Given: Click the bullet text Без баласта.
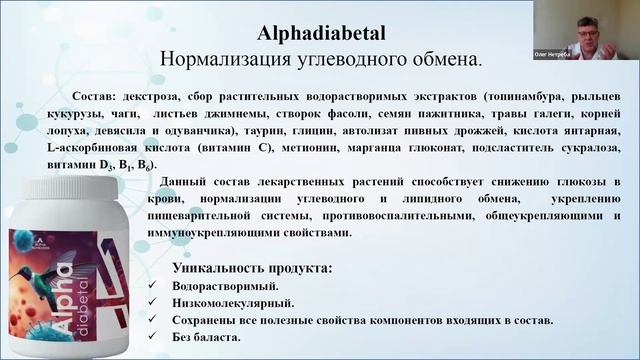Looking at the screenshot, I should click(207, 336).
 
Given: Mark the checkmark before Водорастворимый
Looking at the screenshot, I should click(151, 286).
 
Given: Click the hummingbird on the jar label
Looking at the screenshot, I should click(80, 268).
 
